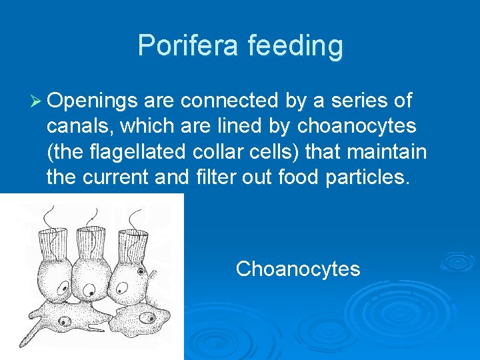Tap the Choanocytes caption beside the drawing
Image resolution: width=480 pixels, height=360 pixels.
point(298,269)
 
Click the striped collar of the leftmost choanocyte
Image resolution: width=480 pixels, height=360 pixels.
point(54,243)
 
